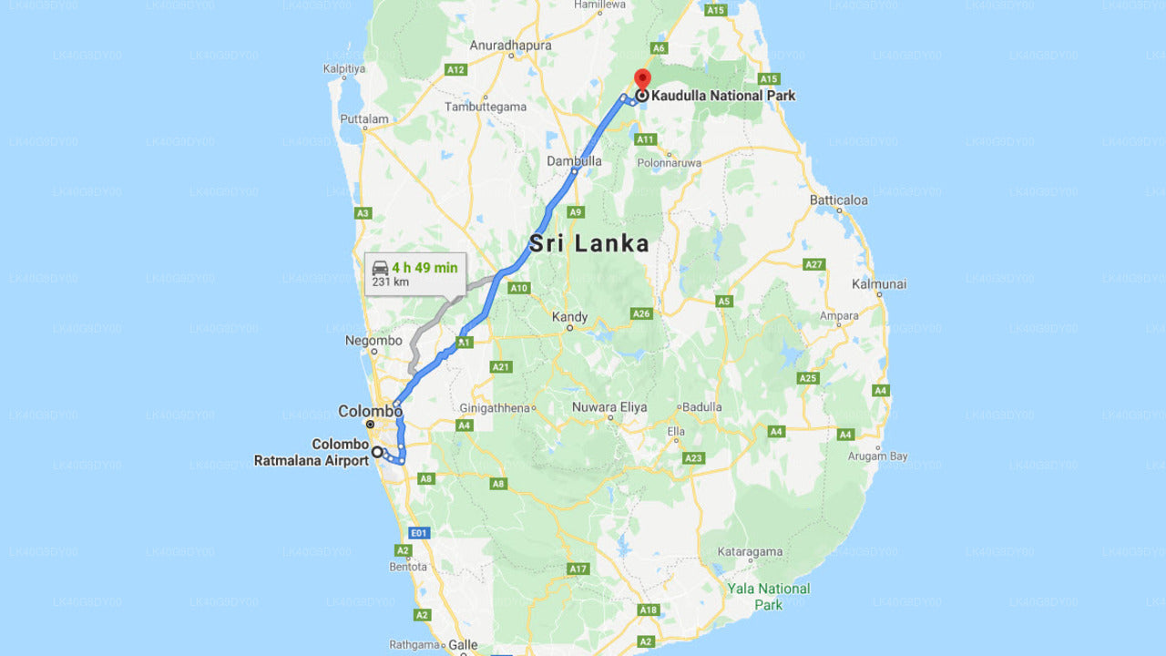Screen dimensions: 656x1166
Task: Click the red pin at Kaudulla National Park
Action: click(642, 78)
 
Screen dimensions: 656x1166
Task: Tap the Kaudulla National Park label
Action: click(723, 95)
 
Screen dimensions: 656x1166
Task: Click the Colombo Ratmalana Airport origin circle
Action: click(376, 451)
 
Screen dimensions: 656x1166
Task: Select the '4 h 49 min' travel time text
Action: click(424, 268)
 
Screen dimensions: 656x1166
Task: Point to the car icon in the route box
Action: click(381, 268)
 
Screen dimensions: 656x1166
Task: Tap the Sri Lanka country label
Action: click(589, 243)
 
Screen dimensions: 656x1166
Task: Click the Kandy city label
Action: click(570, 317)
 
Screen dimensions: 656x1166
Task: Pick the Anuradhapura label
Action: click(510, 45)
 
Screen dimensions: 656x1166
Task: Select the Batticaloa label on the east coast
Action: click(839, 200)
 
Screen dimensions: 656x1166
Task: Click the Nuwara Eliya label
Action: click(609, 407)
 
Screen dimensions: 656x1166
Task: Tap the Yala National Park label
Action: click(768, 596)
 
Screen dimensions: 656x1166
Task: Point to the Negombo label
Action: click(373, 341)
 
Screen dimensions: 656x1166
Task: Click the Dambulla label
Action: click(574, 160)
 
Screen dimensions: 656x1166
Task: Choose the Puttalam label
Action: click(363, 118)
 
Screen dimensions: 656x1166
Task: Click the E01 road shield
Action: click(418, 533)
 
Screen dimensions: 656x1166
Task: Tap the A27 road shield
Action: click(814, 264)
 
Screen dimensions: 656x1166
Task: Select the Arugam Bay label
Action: click(878, 456)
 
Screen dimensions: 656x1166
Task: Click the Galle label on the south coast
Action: click(463, 645)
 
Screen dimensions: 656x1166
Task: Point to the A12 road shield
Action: click(456, 69)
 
